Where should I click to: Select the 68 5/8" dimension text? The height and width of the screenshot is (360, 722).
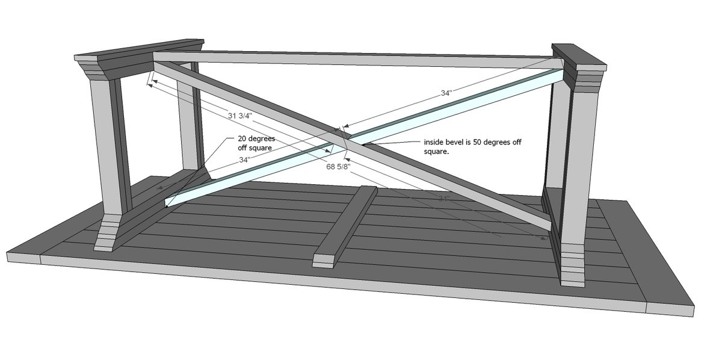pos(338,167)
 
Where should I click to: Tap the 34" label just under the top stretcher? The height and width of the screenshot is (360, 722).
pos(446,93)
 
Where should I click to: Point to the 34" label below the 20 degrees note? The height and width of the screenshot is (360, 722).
pos(245,160)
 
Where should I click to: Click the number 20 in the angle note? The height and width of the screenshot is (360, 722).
pos(242,138)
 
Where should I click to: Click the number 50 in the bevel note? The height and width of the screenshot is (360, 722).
pos(477,142)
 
